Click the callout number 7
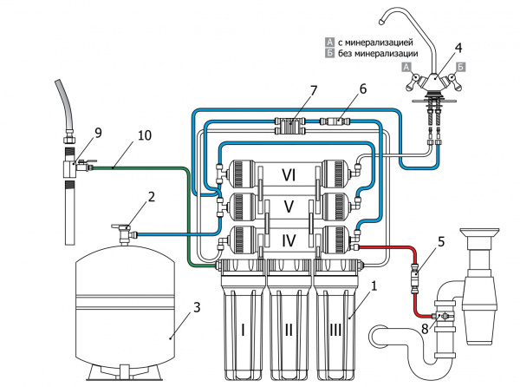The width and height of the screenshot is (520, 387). pos(313,90)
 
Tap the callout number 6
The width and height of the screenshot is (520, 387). pos(363,89)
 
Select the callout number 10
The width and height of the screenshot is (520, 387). pos(144,135)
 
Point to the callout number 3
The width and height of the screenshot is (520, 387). pos(197,307)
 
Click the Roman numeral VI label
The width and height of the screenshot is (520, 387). pos(289,174)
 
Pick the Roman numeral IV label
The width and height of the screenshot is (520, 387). pos(289,240)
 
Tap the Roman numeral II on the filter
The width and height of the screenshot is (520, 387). pos(289,331)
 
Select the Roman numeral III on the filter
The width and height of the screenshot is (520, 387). pos(335,331)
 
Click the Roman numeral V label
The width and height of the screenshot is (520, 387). pos(289,207)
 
